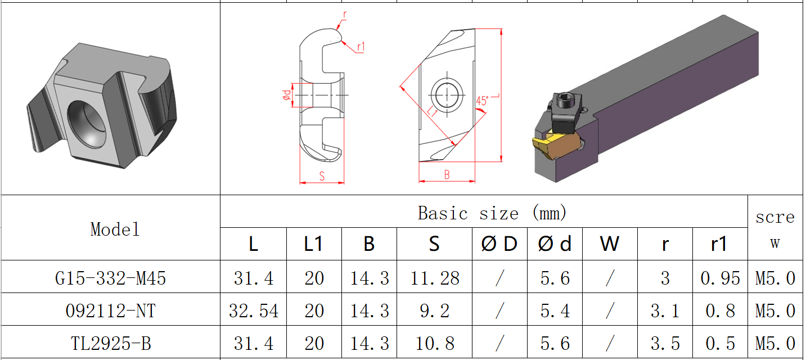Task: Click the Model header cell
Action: [115, 229]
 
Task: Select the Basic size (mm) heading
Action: [492, 213]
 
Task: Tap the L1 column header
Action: [313, 244]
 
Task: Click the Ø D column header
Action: [499, 244]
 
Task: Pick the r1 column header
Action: [719, 244]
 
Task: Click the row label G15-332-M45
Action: [111, 277]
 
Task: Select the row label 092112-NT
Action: [111, 310]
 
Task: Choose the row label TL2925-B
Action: [111, 343]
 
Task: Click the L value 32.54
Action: [253, 310]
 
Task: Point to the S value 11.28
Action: [434, 277]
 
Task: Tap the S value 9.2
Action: [434, 310]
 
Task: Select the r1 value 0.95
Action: [719, 277]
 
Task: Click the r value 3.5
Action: [665, 343]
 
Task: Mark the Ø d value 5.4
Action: [555, 310]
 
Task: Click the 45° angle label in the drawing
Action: [481, 101]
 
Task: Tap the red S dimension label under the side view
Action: [322, 176]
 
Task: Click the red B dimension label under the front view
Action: [447, 175]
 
